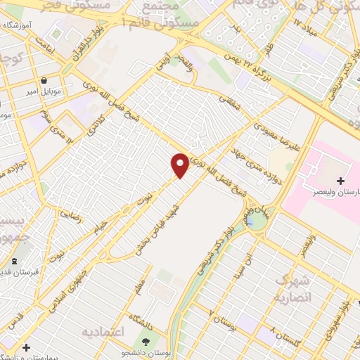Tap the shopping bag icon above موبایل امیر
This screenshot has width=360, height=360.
(45, 80)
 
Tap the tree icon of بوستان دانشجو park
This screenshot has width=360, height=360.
(155, 342)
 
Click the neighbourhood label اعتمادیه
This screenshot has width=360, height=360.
(103, 331)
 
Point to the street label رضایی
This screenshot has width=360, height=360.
(72, 214)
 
